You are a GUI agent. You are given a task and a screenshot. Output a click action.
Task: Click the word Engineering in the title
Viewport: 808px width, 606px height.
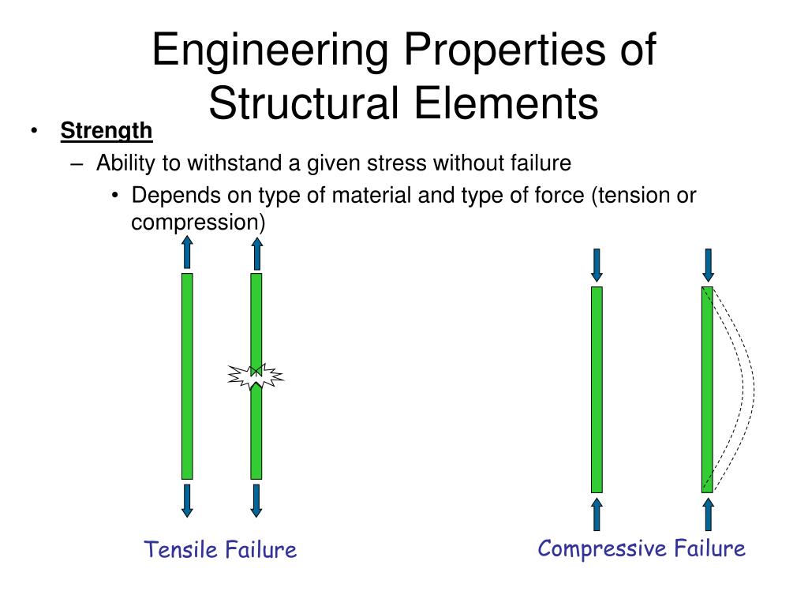tap(270, 50)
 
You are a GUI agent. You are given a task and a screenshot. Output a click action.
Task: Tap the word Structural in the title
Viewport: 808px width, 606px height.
tap(304, 103)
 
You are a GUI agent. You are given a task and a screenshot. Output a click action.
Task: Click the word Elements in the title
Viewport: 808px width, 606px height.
tap(506, 103)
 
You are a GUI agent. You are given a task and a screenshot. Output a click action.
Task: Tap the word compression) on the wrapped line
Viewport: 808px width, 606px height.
tap(198, 223)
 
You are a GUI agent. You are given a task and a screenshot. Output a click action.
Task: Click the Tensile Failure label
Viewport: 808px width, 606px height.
tap(220, 549)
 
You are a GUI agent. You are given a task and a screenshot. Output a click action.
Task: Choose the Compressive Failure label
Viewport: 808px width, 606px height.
tap(642, 549)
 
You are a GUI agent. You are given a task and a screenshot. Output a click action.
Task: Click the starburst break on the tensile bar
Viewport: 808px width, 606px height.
tap(256, 376)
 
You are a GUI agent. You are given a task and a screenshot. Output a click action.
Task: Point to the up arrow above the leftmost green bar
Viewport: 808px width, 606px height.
tap(188, 252)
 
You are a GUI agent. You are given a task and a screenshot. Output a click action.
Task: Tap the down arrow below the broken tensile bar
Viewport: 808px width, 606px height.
tap(256, 500)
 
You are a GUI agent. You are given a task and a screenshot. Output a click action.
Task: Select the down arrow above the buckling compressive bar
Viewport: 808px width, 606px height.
tap(708, 265)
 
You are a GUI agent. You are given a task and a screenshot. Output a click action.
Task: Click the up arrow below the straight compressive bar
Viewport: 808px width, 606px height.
tap(597, 514)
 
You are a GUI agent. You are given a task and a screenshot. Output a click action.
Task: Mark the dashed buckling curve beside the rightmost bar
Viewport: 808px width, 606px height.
tap(754, 389)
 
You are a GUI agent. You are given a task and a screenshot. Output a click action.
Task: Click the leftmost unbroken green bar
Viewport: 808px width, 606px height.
tap(187, 376)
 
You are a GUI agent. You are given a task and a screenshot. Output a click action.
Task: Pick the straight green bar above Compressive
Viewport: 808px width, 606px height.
tap(597, 390)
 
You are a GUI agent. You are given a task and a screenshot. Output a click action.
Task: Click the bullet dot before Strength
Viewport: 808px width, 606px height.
tap(34, 131)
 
